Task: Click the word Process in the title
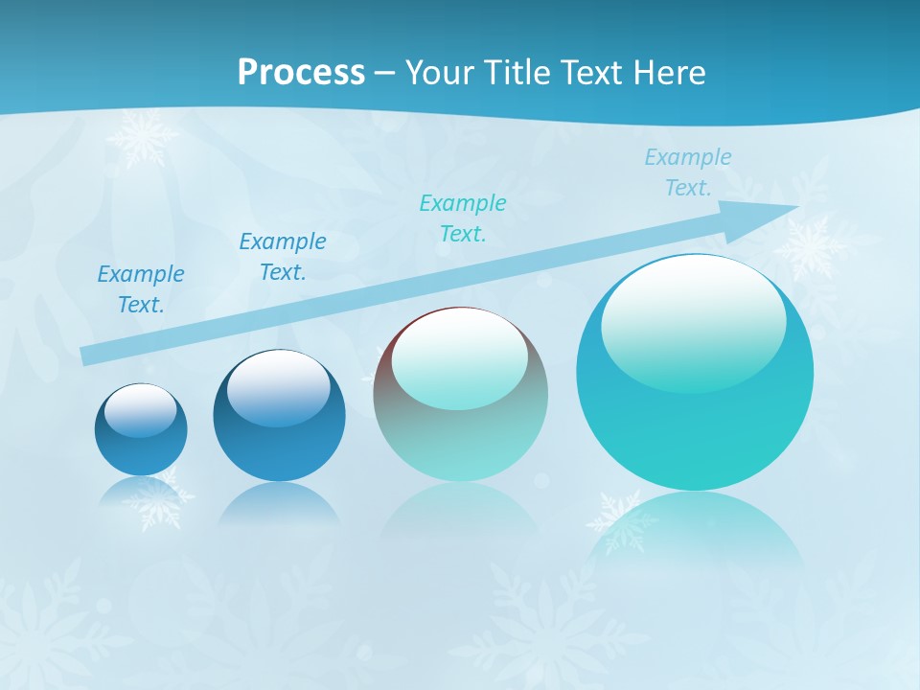coord(301,73)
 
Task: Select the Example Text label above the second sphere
coord(283,257)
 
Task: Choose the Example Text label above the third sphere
coord(463,218)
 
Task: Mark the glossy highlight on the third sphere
coord(459,356)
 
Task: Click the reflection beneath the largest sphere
coord(695,527)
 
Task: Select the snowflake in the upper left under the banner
coord(143,136)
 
